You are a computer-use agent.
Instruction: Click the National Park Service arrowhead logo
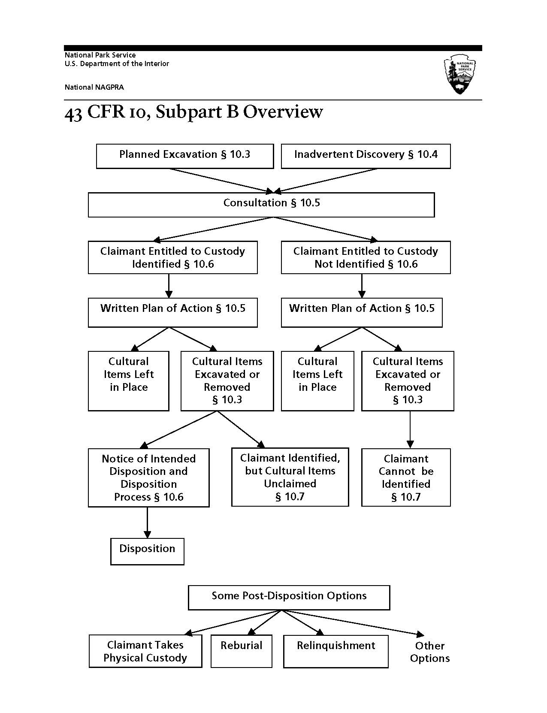pyautogui.click(x=460, y=74)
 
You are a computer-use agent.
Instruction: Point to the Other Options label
pyautogui.click(x=429, y=652)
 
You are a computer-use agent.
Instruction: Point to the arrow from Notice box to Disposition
pyautogui.click(x=147, y=523)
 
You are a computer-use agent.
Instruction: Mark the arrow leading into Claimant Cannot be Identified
pyautogui.click(x=410, y=429)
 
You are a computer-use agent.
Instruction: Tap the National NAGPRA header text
pyautogui.click(x=94, y=87)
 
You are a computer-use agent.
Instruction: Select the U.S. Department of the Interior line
pyautogui.click(x=117, y=63)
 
